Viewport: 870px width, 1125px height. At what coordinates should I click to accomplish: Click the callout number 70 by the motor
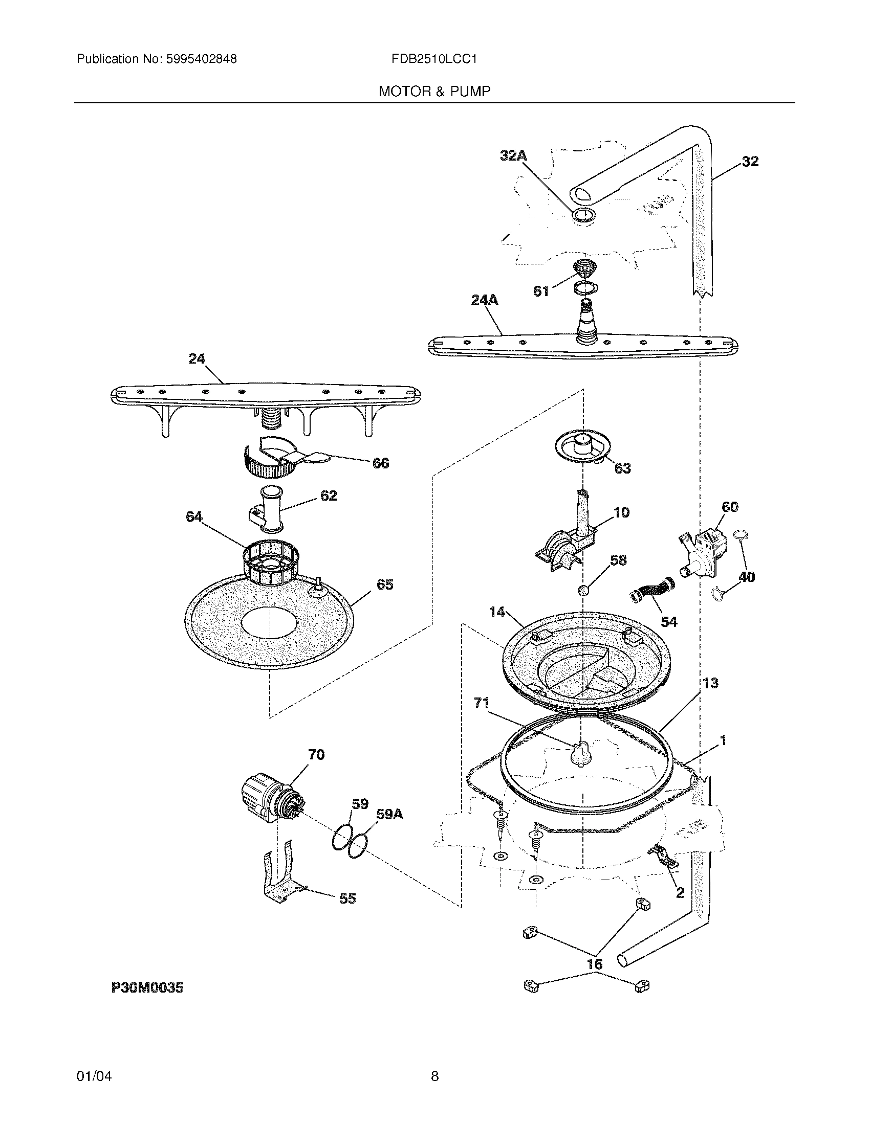(x=316, y=755)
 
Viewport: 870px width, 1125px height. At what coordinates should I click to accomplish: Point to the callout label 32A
(x=513, y=155)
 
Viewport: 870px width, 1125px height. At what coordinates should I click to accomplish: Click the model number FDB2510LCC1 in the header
(x=434, y=59)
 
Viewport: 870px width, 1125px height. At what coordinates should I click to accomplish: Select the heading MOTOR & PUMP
(x=434, y=92)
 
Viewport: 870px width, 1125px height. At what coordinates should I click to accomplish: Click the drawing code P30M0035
(x=147, y=987)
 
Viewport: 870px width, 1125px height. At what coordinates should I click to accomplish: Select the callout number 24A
(x=485, y=300)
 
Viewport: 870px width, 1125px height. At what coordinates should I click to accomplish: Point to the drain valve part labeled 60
(x=702, y=555)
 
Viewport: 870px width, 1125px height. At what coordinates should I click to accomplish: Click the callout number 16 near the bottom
(x=595, y=964)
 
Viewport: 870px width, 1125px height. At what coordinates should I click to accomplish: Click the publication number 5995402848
(x=201, y=59)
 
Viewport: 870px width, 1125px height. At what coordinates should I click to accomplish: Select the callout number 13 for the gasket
(x=710, y=683)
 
